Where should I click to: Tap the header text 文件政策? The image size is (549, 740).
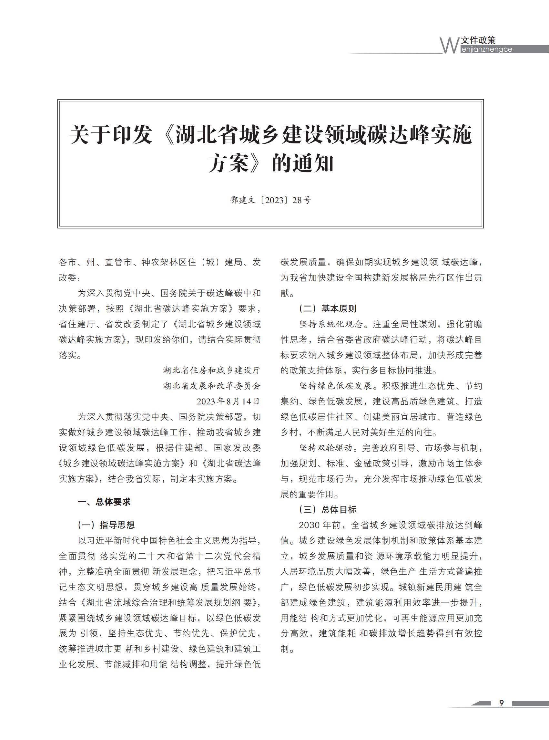479,40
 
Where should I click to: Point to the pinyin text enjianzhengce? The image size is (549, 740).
487,49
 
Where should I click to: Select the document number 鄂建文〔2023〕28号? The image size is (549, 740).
270,200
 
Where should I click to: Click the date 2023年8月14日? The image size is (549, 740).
228,401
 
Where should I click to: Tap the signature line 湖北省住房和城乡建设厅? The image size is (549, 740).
212,370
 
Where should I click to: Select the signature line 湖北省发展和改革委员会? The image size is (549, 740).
212,386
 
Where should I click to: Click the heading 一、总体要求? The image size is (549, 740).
104,502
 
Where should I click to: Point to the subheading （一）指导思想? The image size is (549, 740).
106,525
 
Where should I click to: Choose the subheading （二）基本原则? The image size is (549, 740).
328,309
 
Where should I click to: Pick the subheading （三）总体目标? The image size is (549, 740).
328,509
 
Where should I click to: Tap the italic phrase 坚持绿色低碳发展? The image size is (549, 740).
336,386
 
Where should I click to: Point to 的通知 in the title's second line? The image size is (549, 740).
302,164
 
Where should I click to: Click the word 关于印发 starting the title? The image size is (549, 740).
111,135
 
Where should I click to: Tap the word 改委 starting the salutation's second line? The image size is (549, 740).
68,278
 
